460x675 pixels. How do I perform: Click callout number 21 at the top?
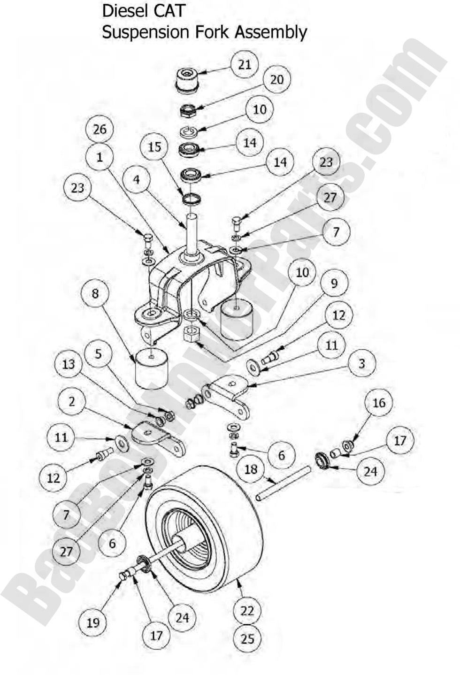coord(245,65)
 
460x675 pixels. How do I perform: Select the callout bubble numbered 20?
coord(276,80)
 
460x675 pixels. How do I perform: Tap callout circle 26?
coord(100,129)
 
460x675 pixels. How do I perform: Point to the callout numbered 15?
coord(154,147)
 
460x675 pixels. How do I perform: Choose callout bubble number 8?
coord(95,293)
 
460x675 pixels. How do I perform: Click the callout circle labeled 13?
coord(69,364)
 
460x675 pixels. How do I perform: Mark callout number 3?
coord(361,363)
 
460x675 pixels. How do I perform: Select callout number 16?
coord(378,403)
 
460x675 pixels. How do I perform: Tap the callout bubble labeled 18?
coord(251,469)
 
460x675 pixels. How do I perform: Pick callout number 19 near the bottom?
coord(93,622)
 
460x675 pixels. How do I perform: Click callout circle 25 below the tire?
coord(247,638)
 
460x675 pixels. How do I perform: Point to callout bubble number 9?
coord(334,283)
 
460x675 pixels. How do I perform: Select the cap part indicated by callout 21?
coord(187,80)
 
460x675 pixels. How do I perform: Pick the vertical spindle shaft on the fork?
coord(192,232)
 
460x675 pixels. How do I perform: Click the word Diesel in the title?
coord(123,11)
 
